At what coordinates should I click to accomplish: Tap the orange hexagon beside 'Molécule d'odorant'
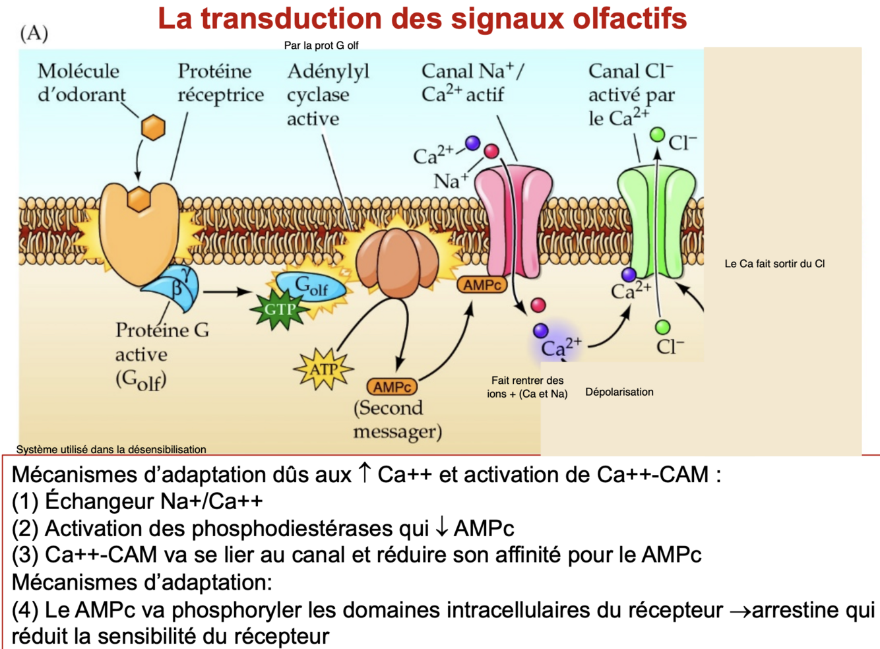click(x=153, y=127)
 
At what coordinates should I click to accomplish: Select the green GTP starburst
click(x=280, y=309)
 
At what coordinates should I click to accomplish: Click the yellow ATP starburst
click(x=323, y=369)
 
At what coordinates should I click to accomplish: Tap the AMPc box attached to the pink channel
click(x=482, y=285)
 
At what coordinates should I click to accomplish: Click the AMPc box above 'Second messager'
click(x=393, y=387)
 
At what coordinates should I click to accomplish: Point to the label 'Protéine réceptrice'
click(x=220, y=82)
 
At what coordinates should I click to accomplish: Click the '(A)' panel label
click(x=34, y=33)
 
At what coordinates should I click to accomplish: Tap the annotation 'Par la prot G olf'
click(x=321, y=46)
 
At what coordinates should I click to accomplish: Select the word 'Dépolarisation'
click(x=619, y=392)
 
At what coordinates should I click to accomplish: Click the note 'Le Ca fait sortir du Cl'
click(x=774, y=264)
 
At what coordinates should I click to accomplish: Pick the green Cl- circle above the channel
click(x=657, y=135)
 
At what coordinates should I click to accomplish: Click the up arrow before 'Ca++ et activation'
click(x=364, y=473)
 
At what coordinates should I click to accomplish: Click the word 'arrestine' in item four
click(x=800, y=610)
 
